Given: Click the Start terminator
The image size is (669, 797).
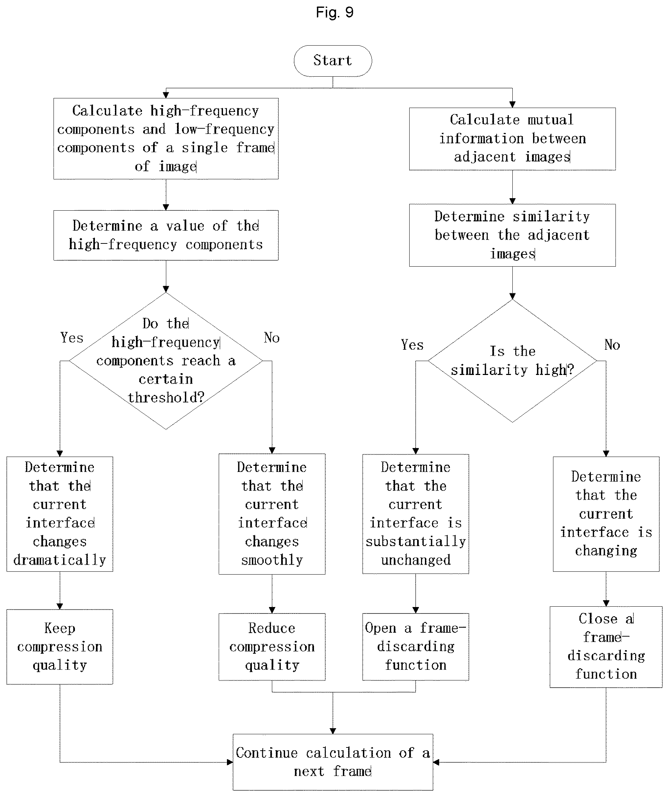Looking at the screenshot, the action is (x=333, y=61).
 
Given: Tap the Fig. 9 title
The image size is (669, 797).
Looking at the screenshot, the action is (x=335, y=12).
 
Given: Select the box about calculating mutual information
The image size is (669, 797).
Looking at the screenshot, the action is (x=512, y=139).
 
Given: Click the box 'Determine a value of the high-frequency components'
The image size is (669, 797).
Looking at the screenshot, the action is (x=166, y=235).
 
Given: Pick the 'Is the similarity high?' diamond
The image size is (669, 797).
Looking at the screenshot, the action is (x=512, y=361).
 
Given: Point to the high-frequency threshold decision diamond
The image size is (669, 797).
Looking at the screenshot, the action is (x=166, y=361).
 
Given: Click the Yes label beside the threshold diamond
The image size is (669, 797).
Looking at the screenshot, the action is (x=72, y=338).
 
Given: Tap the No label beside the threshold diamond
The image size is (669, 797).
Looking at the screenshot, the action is (x=272, y=338).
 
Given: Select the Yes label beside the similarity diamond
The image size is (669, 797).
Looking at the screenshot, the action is (x=412, y=345).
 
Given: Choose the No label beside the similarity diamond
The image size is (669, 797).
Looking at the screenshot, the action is (x=612, y=345).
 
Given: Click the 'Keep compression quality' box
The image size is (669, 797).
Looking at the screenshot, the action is (x=60, y=647).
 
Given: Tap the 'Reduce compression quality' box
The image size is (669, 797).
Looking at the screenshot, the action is (x=272, y=647).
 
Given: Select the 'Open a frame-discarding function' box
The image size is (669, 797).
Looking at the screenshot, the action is (x=416, y=647).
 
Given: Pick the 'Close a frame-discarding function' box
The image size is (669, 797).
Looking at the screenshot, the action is (x=606, y=647).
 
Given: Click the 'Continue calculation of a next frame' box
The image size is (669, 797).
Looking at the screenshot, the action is (x=333, y=762).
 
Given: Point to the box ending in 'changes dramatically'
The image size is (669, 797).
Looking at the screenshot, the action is (x=60, y=514).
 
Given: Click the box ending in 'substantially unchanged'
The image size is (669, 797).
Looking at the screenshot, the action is (x=416, y=514).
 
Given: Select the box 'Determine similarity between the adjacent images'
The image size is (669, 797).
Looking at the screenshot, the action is (x=512, y=235).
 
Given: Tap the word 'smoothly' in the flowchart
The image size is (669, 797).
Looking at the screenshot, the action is (x=272, y=560).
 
